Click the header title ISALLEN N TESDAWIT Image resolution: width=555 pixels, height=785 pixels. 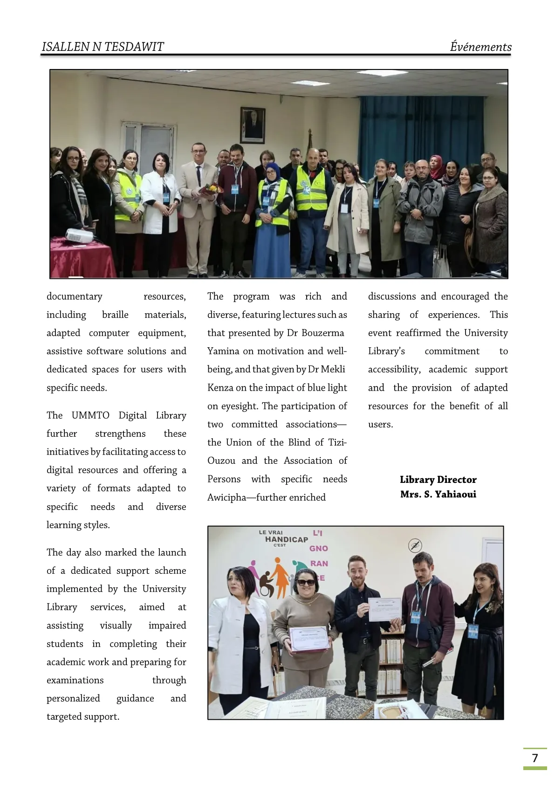(103, 47)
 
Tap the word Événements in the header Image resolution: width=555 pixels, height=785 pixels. (480, 47)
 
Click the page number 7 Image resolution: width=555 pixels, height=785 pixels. (535, 757)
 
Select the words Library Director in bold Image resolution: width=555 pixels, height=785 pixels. (438, 480)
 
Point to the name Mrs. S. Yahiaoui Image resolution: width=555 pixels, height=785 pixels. (438, 494)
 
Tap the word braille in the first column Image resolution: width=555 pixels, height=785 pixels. (115, 315)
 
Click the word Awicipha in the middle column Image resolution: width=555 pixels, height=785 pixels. (226, 497)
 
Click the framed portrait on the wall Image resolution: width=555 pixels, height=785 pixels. (253, 125)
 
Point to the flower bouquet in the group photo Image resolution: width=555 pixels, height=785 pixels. (212, 189)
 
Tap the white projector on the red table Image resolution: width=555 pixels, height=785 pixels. (79, 236)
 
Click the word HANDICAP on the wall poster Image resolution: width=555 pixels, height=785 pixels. (287, 539)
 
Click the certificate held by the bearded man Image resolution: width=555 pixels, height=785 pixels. (384, 609)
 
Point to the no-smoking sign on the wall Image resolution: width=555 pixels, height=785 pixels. (415, 545)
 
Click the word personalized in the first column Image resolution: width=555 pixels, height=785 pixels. (73, 698)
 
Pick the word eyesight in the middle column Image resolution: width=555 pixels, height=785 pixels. (240, 406)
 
